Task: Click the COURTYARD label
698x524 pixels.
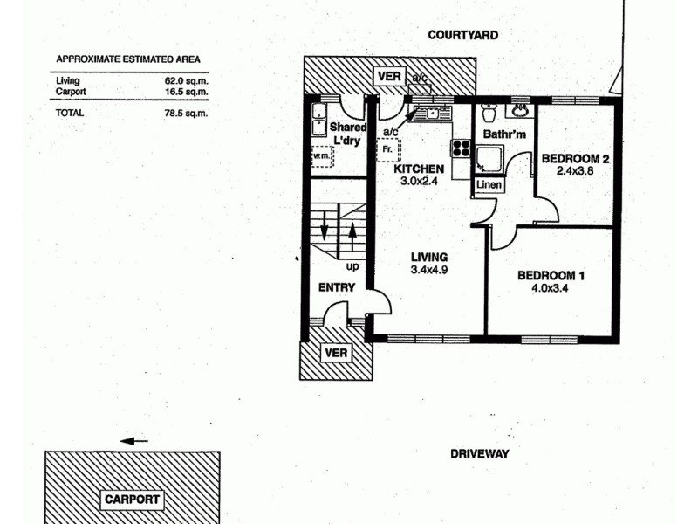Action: tap(462, 35)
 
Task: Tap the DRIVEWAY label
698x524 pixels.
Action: tap(479, 454)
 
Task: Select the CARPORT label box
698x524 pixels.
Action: tap(132, 500)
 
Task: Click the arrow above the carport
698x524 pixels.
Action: tap(133, 441)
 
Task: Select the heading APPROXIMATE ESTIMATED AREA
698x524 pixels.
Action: tap(128, 59)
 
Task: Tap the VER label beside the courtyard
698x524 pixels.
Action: tap(389, 77)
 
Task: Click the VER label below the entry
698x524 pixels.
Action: tap(336, 353)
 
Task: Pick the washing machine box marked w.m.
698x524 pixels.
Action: tap(323, 157)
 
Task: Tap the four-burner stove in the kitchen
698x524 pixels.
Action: tap(459, 148)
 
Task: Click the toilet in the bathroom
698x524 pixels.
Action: tap(489, 114)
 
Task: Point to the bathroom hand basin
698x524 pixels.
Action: tap(521, 111)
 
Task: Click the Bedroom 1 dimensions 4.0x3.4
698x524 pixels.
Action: tap(551, 289)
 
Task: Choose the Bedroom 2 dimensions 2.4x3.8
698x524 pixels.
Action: tap(574, 171)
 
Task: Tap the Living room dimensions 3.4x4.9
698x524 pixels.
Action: tap(428, 270)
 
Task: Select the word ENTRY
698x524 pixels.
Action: tap(336, 287)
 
